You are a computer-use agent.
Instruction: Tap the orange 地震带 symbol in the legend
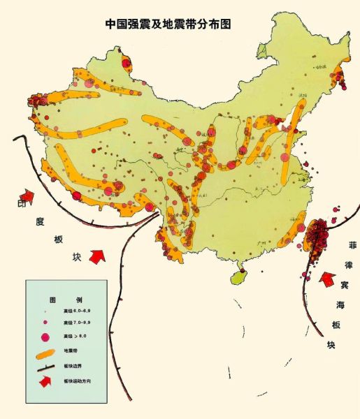48,351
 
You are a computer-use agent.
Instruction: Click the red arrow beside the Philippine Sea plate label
326,281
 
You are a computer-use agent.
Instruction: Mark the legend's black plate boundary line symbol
48,367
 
